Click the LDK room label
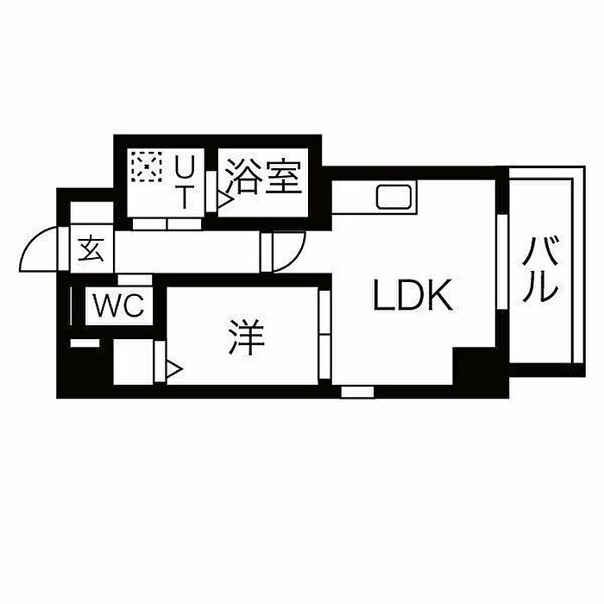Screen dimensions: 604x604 412,295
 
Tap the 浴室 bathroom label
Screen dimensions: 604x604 263,176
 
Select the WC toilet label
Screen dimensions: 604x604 119,305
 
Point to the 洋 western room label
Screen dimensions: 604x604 246,337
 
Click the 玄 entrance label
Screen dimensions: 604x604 91,249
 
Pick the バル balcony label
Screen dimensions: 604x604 540,269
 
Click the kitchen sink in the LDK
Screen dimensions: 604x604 394,197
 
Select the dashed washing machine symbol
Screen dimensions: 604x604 147,166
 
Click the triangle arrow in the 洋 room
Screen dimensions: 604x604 174,369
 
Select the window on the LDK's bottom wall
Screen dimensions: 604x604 357,392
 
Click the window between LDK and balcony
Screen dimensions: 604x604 502,261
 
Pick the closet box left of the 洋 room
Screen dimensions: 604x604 134,362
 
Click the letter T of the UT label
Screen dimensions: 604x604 185,197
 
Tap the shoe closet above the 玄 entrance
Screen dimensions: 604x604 92,212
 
